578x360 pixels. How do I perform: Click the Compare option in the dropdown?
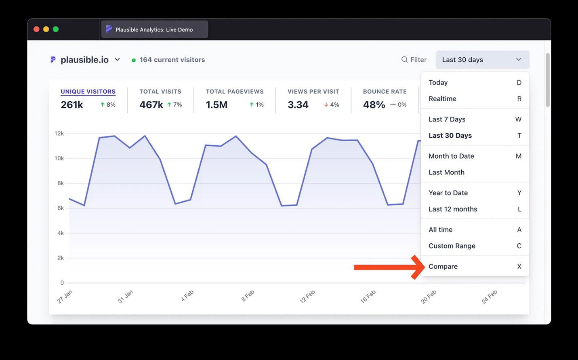click(443, 266)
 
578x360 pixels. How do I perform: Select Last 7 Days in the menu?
click(447, 119)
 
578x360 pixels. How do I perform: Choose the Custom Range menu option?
click(452, 246)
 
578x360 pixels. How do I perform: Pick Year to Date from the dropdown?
click(448, 193)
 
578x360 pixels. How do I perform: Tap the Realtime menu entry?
click(442, 99)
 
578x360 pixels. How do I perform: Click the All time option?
click(440, 230)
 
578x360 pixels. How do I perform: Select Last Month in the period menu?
click(446, 172)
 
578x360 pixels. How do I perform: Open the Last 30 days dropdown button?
click(482, 60)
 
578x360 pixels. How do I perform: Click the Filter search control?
click(414, 60)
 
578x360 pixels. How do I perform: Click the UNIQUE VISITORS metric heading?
click(88, 92)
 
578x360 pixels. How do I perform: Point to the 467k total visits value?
click(151, 105)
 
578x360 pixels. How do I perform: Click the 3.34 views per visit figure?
click(298, 105)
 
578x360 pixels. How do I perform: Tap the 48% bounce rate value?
click(374, 105)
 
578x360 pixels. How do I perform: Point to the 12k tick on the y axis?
click(59, 134)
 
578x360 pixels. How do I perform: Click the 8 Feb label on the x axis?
click(248, 296)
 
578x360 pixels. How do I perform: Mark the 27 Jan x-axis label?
click(65, 297)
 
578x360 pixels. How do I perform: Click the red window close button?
click(36, 29)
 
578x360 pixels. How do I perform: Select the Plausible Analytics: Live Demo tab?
click(154, 29)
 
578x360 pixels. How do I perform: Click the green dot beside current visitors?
click(134, 60)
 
